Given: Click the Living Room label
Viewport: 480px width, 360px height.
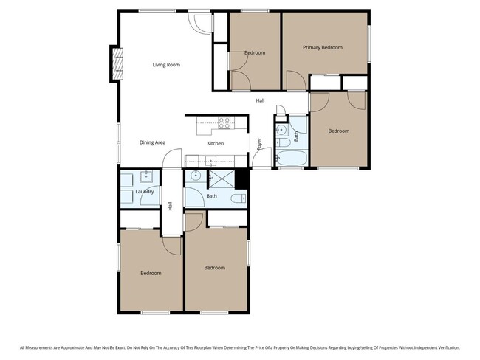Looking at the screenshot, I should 166,65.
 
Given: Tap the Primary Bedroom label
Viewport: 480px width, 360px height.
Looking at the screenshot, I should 323,47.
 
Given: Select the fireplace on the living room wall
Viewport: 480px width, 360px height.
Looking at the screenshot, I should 115,63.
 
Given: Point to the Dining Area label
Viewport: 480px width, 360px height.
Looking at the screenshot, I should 152,142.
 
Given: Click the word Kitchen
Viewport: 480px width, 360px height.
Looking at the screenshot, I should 215,143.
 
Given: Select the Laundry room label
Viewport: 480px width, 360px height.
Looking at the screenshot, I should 145,192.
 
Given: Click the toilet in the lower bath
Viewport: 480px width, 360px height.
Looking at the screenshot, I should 239,199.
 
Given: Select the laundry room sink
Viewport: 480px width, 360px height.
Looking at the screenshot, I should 146,176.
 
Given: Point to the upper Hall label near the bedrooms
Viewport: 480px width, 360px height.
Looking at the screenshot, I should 260,101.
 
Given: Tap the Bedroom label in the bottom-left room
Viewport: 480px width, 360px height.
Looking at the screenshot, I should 151,273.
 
